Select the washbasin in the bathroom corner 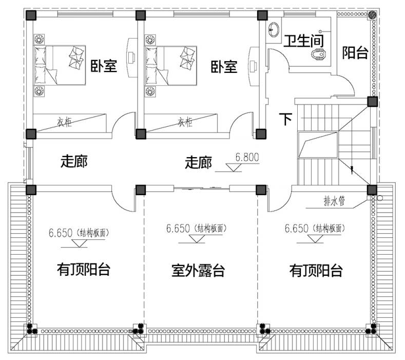(272, 29)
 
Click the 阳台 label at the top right (355, 53)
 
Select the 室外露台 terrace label (198, 270)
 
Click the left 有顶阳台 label (83, 270)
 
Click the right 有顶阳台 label (316, 270)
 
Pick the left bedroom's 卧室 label (104, 66)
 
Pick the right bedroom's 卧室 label (224, 66)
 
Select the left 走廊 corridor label (74, 161)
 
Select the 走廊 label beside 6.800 (198, 163)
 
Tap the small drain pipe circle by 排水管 (380, 197)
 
